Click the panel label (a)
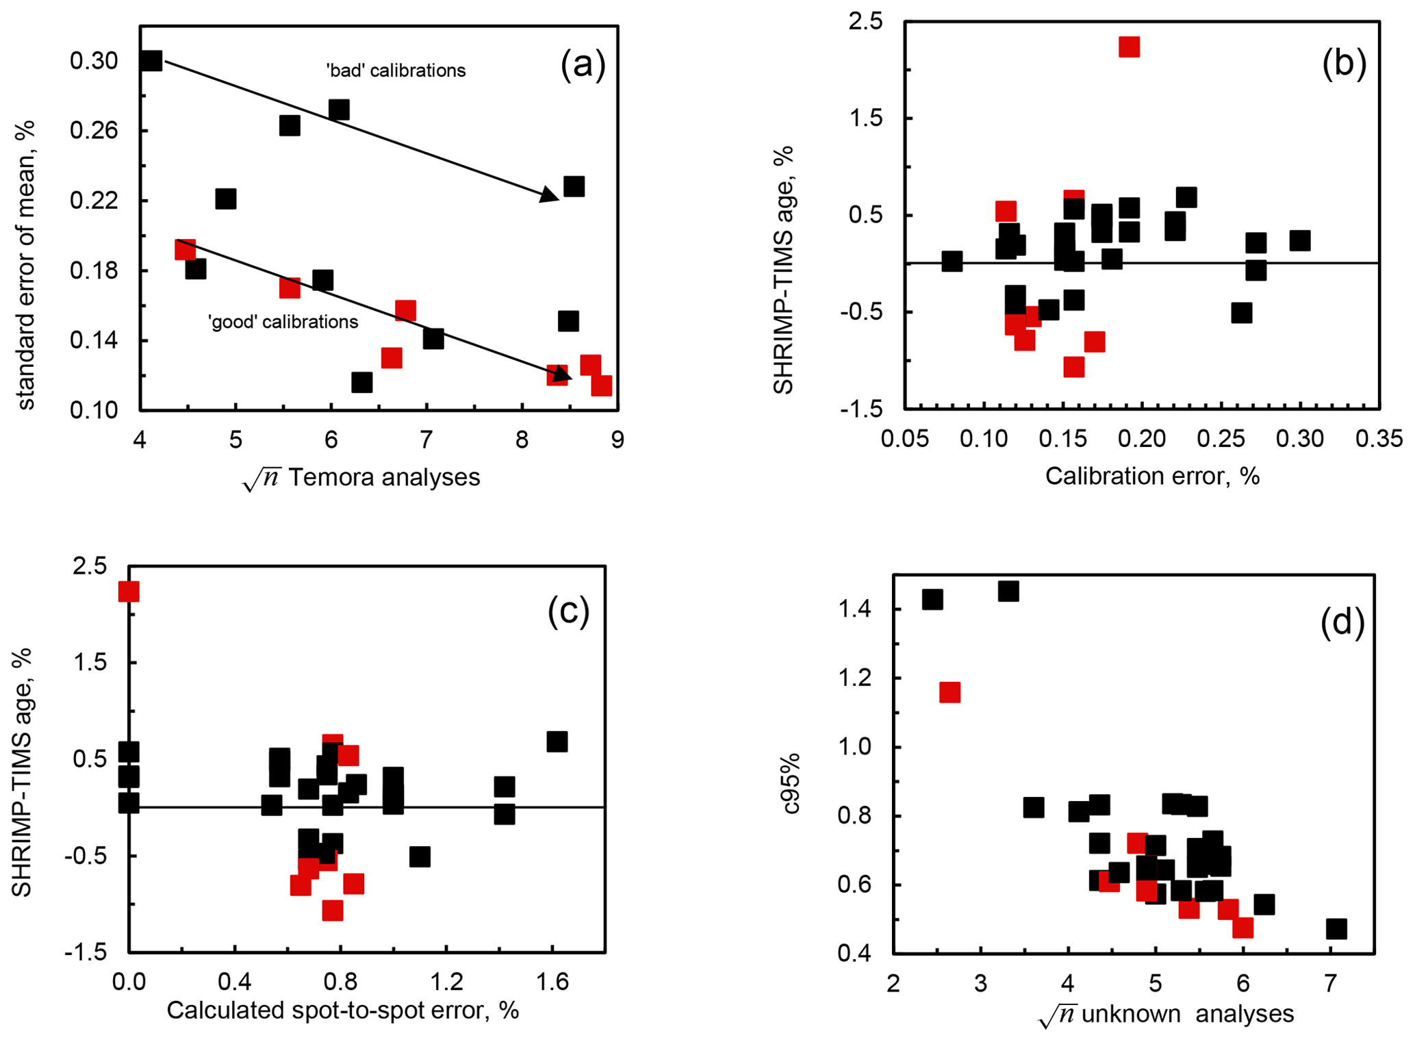point(583,66)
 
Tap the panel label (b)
point(1344,63)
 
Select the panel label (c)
point(568,611)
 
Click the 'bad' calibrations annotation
point(396,71)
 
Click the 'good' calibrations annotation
point(283,322)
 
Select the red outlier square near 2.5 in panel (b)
point(1129,47)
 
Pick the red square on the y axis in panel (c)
point(129,592)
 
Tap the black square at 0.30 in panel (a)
point(151,61)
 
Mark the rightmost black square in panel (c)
point(557,741)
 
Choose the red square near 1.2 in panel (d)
point(949,692)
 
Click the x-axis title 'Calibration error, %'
point(1152,476)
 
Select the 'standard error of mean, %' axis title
point(25,265)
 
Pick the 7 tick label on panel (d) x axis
point(1330,984)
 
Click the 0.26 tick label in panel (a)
point(94,131)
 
